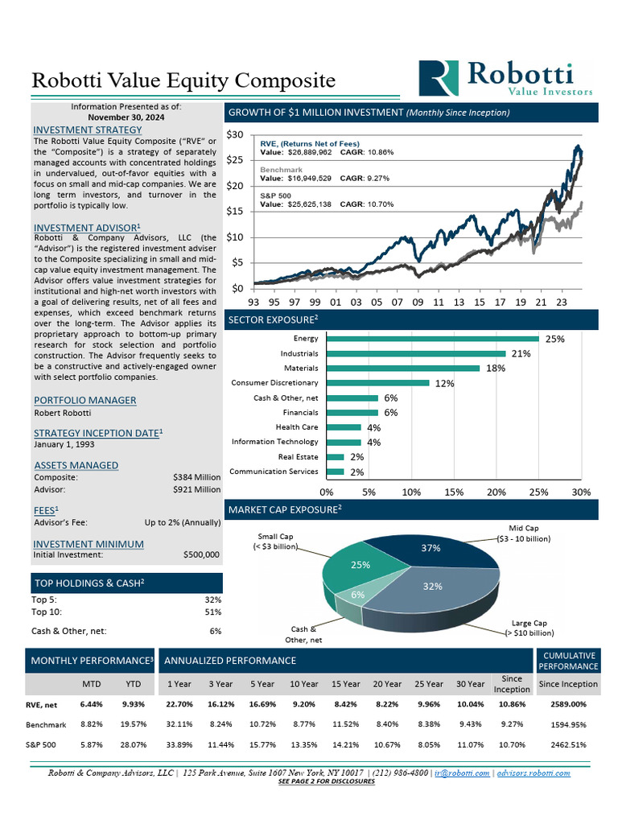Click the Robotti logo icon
click(440, 79)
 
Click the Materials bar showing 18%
click(403, 369)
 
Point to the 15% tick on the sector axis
click(454, 492)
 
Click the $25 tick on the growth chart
click(234, 160)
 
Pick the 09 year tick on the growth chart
click(417, 303)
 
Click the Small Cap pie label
click(276, 542)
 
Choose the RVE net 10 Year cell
click(303, 705)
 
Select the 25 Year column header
click(429, 684)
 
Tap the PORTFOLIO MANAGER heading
click(84, 400)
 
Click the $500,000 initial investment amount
click(202, 554)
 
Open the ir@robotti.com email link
click(461, 772)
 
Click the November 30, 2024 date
click(126, 116)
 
